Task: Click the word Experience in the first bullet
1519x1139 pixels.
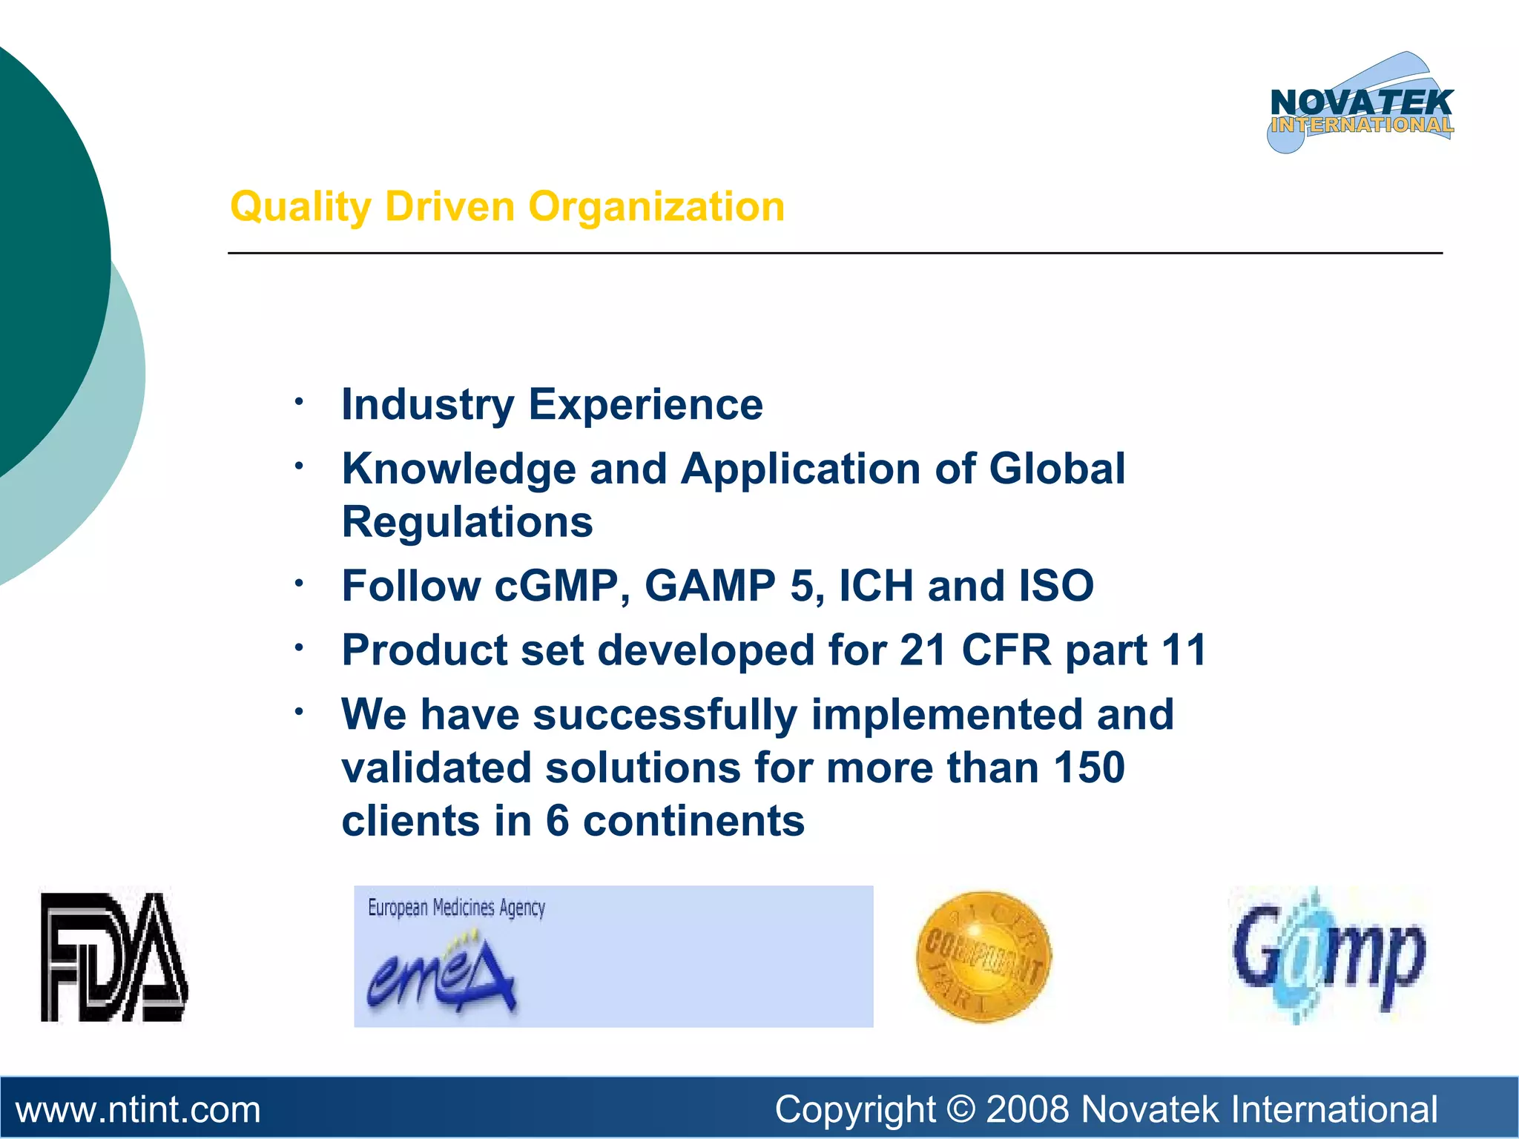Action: pyautogui.click(x=645, y=405)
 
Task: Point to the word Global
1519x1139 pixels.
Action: pyautogui.click(x=1057, y=469)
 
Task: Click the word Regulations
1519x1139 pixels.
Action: pyautogui.click(x=467, y=522)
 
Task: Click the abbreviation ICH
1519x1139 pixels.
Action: pyautogui.click(x=876, y=586)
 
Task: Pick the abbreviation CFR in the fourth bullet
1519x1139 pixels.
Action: pyautogui.click(x=1006, y=650)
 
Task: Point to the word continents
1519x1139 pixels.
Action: pyautogui.click(x=693, y=821)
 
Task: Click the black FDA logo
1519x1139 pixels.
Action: pyautogui.click(x=113, y=957)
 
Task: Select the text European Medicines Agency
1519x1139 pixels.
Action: pyautogui.click(x=456, y=908)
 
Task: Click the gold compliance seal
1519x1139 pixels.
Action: pyautogui.click(x=983, y=957)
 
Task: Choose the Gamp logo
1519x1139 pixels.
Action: pyautogui.click(x=1328, y=957)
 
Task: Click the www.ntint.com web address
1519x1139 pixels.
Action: pyautogui.click(x=138, y=1110)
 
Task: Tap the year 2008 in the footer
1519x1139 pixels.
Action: pyautogui.click(x=1027, y=1110)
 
